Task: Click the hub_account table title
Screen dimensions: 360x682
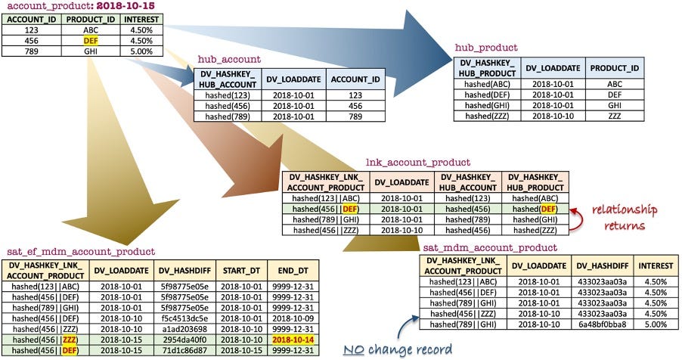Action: coord(229,58)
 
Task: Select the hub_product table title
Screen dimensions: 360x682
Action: coord(485,48)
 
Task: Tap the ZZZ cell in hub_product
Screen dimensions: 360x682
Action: coord(615,116)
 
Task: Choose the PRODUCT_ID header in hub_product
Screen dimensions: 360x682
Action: coord(615,67)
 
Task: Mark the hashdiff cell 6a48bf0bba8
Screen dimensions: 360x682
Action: coord(601,324)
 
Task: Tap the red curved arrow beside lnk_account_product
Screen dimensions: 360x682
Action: coord(579,217)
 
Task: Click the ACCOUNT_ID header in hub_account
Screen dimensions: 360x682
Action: coord(355,78)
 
